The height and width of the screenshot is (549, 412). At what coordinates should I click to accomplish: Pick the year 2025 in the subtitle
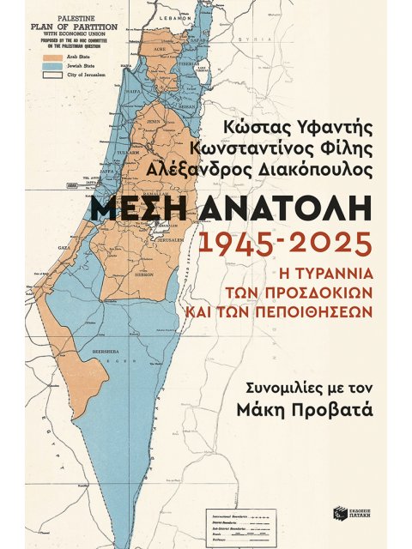click(x=320, y=247)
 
